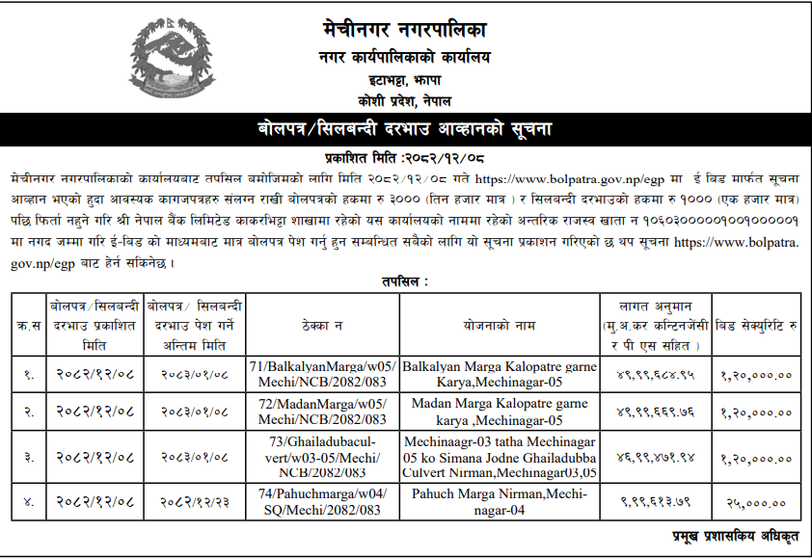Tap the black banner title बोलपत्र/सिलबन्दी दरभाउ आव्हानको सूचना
tap(405, 129)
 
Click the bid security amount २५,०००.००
tap(756, 502)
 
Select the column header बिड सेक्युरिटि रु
tap(756, 326)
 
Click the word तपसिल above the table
tap(405, 280)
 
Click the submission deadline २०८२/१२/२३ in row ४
tap(195, 502)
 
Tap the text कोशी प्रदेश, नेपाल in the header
tap(405, 100)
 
